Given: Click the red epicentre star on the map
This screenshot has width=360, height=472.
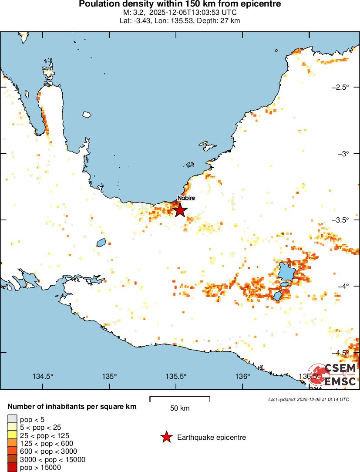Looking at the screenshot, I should (180, 210).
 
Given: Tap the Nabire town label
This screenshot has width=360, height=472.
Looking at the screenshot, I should (185, 198).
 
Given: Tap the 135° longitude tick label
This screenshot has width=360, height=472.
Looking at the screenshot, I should (110, 376).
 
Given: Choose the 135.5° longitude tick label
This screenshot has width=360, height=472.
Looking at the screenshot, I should (176, 376).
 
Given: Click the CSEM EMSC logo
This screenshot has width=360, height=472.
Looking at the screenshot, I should (333, 374).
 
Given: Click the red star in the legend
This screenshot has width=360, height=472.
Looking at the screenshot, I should (166, 437).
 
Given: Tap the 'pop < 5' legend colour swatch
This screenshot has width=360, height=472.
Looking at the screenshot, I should (12, 420).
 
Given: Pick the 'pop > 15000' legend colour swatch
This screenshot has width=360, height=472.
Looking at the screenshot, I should (12, 467).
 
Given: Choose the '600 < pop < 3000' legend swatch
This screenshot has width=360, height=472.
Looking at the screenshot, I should (12, 452).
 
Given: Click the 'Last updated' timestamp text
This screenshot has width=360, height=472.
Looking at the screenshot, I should (309, 399).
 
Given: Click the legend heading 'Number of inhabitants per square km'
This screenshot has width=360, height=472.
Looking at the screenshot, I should (72, 407).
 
